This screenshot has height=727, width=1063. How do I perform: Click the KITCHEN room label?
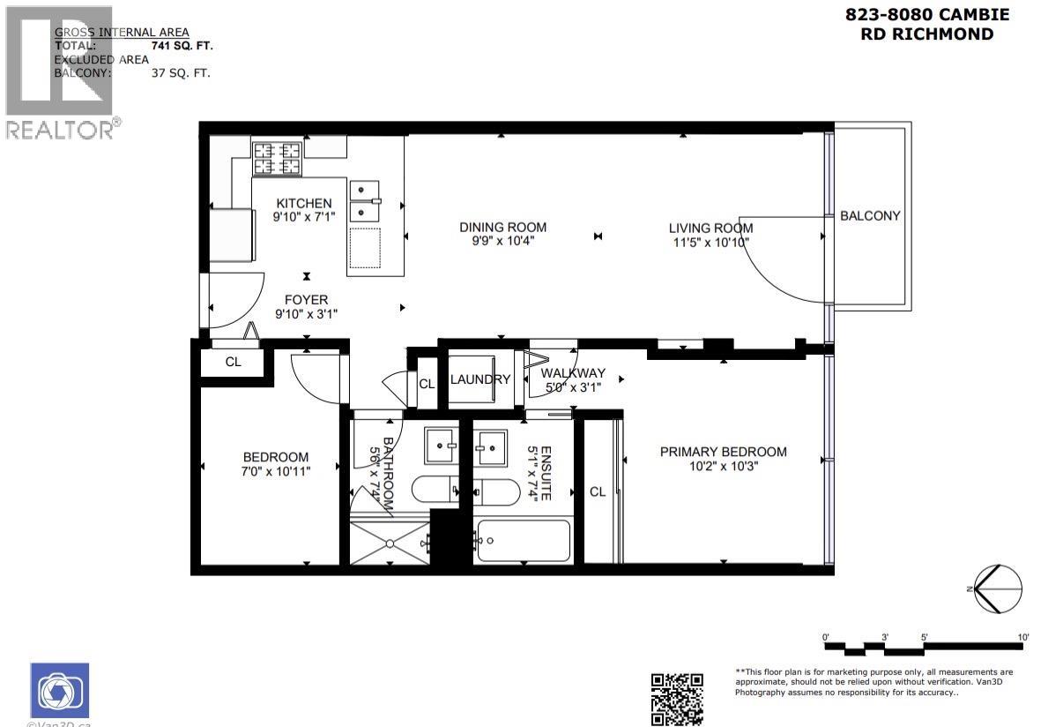(x=304, y=204)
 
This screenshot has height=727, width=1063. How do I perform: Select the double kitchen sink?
(x=363, y=202)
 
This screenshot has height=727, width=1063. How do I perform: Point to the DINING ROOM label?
(x=502, y=227)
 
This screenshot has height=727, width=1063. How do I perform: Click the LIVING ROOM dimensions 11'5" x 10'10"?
(x=710, y=242)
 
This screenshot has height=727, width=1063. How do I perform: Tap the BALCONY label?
(x=870, y=216)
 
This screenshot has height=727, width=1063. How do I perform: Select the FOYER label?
(x=306, y=300)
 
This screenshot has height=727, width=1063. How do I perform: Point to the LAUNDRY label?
(x=479, y=379)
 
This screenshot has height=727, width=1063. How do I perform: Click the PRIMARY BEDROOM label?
(x=723, y=452)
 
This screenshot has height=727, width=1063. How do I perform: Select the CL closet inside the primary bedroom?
(x=598, y=491)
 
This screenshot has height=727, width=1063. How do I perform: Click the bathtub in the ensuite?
(x=524, y=540)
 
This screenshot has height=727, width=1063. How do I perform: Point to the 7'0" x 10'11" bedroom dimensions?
(x=276, y=471)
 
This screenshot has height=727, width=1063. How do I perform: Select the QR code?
(x=677, y=699)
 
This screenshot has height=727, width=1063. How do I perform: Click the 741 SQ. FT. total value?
(x=182, y=45)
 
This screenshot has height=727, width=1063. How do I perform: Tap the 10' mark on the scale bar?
(x=1022, y=636)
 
